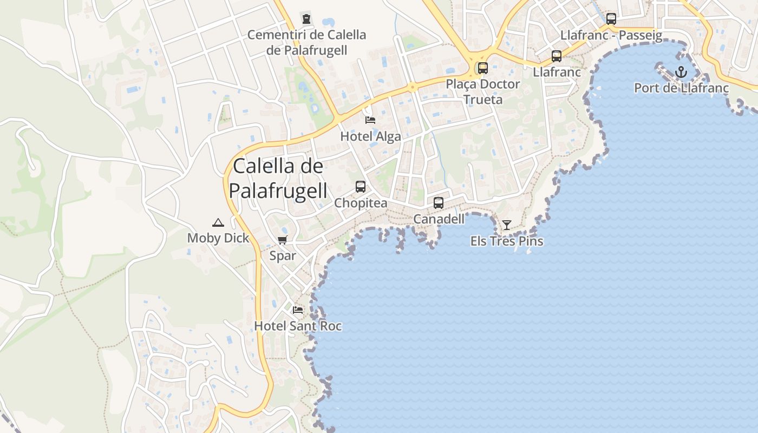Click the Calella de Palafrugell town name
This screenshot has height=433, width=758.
(278, 179)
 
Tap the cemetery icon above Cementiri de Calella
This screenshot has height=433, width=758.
(307, 19)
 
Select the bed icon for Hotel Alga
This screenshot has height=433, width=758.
(370, 120)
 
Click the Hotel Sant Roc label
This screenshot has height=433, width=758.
(298, 326)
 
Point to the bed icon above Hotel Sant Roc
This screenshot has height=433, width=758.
(298, 310)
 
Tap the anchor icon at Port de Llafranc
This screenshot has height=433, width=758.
(681, 72)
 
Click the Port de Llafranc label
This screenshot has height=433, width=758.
(681, 88)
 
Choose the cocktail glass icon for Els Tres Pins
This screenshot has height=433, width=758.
(506, 225)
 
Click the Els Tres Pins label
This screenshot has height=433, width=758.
(507, 241)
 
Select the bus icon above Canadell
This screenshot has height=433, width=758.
(439, 203)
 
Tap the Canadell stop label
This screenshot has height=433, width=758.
(439, 219)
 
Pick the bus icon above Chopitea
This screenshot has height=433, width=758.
(361, 187)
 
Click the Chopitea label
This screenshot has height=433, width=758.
(361, 203)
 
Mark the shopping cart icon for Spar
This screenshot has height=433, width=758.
(282, 240)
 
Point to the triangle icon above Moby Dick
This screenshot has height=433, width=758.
(218, 222)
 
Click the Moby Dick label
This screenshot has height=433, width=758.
(218, 238)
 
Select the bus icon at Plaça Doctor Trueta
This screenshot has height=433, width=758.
(482, 68)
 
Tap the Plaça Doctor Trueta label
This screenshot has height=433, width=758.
(482, 91)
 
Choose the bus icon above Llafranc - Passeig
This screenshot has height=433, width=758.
(611, 19)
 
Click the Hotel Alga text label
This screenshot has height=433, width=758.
(370, 136)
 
